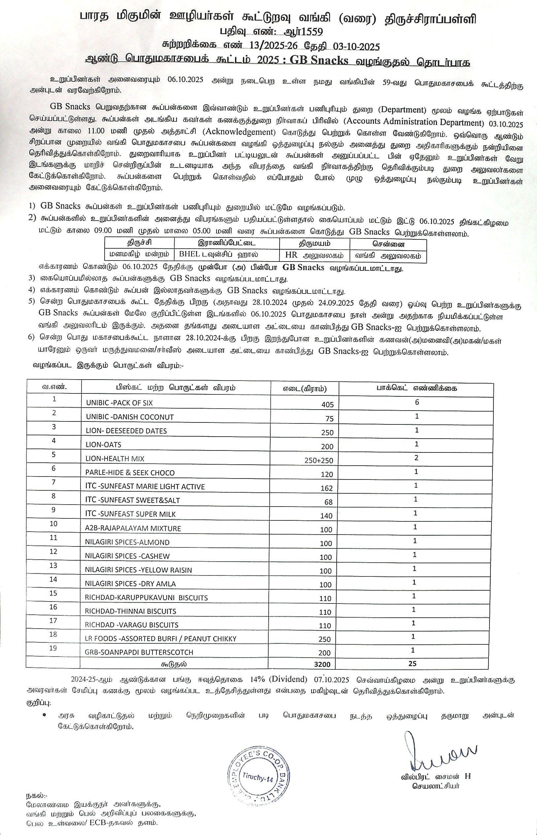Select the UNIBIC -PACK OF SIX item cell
point(119,403)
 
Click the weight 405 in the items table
point(327,404)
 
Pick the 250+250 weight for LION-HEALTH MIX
point(319,460)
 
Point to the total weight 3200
point(322,664)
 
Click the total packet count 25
point(412,664)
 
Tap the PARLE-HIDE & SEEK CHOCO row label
point(130,473)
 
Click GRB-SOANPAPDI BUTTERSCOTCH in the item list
point(139,652)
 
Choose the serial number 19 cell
point(53,648)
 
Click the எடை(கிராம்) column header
point(304,388)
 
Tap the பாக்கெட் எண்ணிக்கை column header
point(416,388)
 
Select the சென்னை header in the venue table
point(388,243)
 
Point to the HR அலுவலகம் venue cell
point(314,255)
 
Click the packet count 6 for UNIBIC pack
point(417,402)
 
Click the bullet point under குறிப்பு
point(44,715)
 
